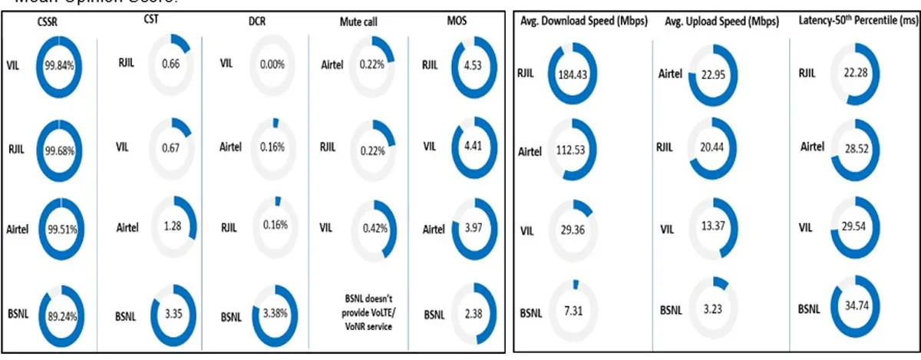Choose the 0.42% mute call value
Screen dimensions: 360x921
pyautogui.click(x=374, y=228)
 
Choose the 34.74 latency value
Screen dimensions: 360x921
pyautogui.click(x=858, y=310)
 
